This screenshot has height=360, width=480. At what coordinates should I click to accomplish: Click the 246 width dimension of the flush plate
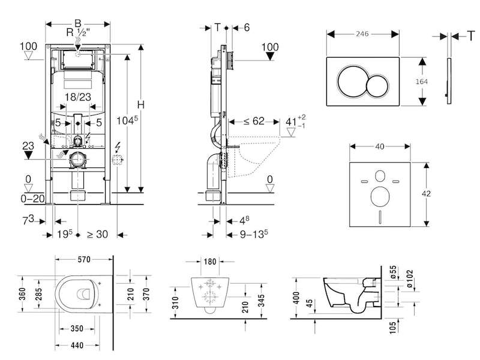click(362, 34)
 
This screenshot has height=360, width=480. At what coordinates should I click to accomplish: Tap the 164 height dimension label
click(422, 82)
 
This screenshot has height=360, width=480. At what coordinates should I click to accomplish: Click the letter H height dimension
click(140, 104)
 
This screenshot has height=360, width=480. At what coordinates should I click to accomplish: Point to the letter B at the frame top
click(78, 23)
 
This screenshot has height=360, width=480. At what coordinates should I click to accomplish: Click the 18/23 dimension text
click(78, 97)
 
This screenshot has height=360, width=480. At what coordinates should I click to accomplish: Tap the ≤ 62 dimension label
click(254, 121)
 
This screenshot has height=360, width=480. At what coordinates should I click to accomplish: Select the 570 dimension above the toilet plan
click(84, 260)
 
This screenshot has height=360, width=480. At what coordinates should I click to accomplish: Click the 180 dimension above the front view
click(210, 262)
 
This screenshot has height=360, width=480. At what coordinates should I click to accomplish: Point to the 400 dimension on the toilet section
click(296, 298)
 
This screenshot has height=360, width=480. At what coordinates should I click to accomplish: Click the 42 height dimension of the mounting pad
click(426, 193)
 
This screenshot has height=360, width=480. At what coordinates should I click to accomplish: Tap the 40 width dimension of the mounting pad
click(380, 146)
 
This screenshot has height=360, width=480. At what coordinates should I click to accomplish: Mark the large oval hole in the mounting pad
click(380, 196)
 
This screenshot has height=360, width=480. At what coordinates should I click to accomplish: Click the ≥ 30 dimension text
click(97, 235)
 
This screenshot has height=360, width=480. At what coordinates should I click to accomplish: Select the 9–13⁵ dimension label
click(254, 234)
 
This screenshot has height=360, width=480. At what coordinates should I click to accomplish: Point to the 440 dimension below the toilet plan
click(77, 346)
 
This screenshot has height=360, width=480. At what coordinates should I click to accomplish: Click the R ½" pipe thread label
click(79, 32)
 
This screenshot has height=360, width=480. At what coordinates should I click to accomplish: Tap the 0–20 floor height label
click(32, 199)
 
